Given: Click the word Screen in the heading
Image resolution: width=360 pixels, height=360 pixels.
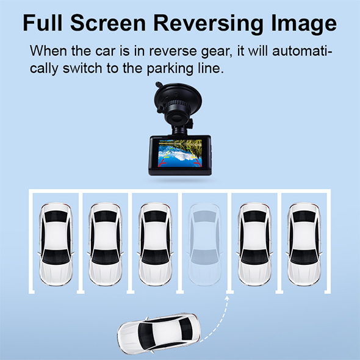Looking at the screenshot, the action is pos(108,23).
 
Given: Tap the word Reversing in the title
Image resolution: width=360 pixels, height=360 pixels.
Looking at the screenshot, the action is pos(208,24).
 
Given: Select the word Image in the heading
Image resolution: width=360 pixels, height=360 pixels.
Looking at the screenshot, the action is pos(304,24).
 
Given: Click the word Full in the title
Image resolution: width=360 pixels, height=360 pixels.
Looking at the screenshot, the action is pos(43,23).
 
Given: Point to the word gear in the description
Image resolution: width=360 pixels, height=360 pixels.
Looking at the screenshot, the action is pos(215,52).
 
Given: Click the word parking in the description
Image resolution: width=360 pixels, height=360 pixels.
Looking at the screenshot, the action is pos(170,69).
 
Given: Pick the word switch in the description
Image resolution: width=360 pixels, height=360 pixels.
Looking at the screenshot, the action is pos(82,68).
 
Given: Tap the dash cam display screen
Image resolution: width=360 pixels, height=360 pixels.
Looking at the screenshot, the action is pos(180,153).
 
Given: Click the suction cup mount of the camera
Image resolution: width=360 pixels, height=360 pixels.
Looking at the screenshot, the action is pos(178,96).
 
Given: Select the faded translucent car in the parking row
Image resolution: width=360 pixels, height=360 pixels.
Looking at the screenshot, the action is pos(204,244).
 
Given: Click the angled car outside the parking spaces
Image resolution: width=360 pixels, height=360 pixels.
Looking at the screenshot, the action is pos(159,333).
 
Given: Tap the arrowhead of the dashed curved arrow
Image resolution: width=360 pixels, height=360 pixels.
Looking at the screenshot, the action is pos(227,298).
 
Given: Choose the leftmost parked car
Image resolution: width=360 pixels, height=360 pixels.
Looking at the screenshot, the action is pos(56,244).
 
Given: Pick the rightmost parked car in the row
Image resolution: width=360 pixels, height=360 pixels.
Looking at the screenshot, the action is pos(304,244).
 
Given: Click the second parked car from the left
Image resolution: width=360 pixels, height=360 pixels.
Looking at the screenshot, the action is pos(106,244).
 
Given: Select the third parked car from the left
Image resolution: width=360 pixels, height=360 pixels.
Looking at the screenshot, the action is pos(155,244).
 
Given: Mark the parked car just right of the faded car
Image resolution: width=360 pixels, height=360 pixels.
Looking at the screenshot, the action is pos(254,244).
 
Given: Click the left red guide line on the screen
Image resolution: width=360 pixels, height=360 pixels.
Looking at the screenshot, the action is pos(162,162).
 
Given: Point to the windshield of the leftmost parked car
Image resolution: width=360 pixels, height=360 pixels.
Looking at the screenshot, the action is pos(56,257).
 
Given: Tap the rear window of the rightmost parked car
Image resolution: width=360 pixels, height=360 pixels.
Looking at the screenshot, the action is pos(304,217).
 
